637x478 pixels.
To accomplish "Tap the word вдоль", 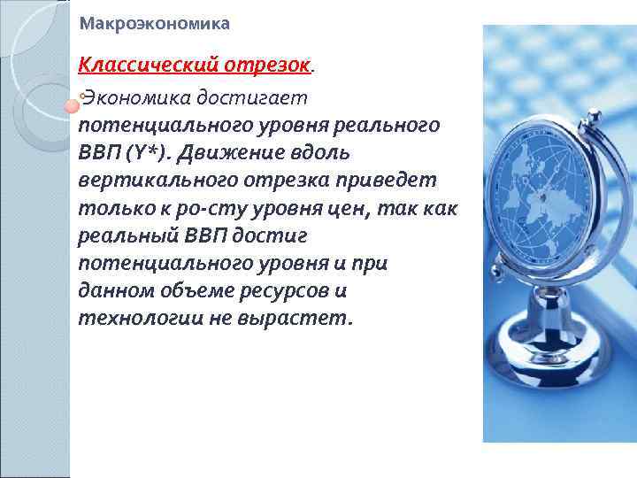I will click(321, 152).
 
